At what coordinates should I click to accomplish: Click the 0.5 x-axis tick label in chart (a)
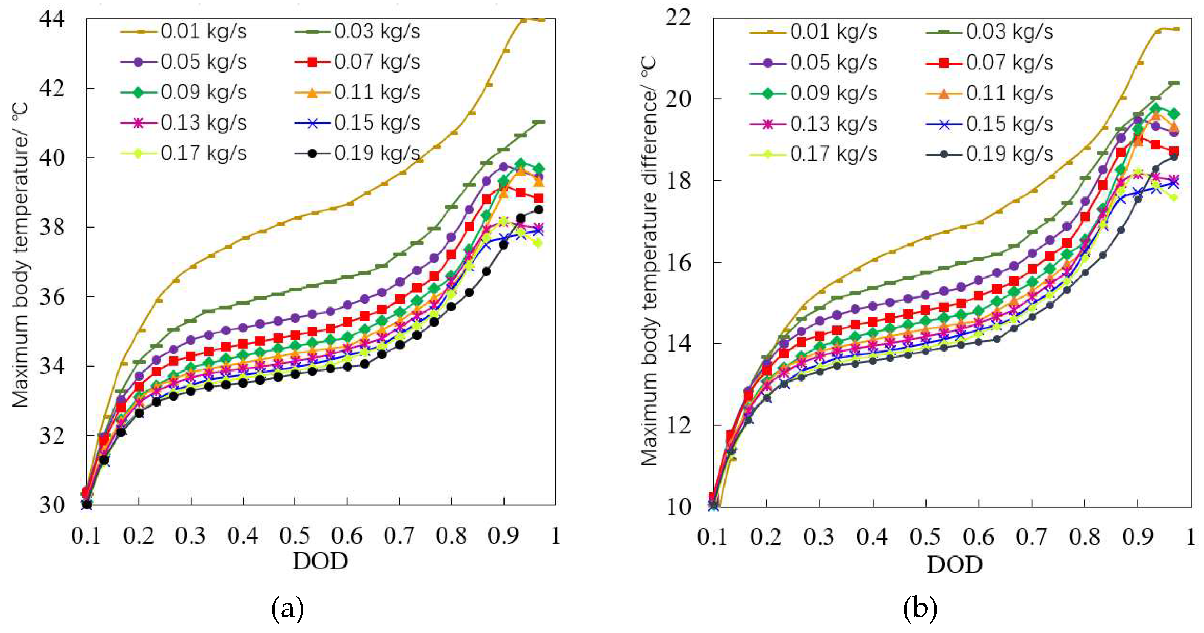[295, 535]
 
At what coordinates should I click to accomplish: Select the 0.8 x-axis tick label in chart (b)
[1085, 536]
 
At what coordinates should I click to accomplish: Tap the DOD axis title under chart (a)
[321, 561]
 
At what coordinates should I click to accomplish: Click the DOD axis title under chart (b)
[955, 565]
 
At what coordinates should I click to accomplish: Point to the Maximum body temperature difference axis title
[649, 262]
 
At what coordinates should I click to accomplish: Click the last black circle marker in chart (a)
[538, 209]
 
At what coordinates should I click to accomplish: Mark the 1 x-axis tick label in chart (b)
[1191, 536]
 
